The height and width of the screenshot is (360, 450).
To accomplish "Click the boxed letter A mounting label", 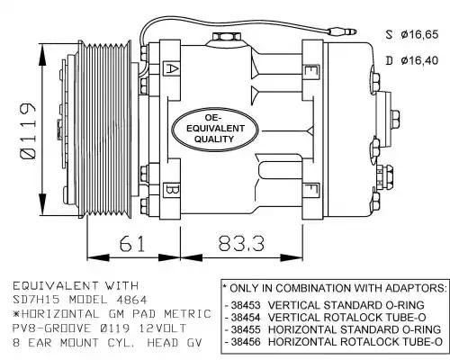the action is (x=171, y=69).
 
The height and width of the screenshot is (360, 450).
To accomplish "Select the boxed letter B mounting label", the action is (x=171, y=191).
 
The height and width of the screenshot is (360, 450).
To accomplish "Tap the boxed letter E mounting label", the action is (x=311, y=72).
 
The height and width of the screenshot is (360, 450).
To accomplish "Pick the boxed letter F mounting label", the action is (x=311, y=190).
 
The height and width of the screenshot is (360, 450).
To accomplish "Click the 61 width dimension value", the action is (x=132, y=244).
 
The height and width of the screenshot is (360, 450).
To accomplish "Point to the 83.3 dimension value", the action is (x=241, y=244).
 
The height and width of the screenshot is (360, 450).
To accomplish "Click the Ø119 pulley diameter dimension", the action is (x=28, y=130).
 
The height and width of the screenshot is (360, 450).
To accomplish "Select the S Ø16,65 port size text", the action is (x=412, y=34).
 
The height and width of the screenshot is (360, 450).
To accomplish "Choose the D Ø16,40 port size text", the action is (x=412, y=60).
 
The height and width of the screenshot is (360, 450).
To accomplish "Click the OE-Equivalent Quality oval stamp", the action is (x=215, y=129).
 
